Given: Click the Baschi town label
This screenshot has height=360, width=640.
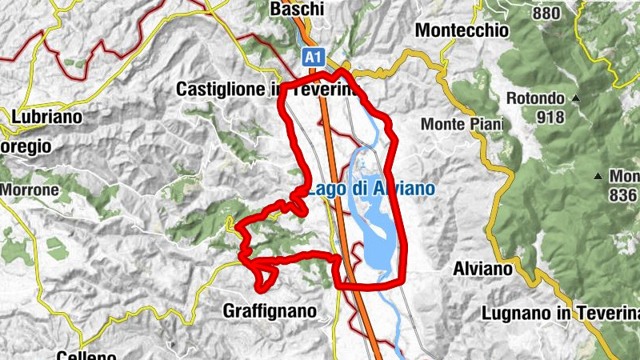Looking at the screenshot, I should (297, 10).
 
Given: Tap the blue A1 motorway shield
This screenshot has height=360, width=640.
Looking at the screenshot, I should (314, 57).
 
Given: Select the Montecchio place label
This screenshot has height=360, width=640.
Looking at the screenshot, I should (462, 30).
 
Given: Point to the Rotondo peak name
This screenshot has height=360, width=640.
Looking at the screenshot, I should (536, 99).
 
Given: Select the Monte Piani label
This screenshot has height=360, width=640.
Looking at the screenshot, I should (462, 124).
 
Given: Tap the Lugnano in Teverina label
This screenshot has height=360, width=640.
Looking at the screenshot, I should (560, 314).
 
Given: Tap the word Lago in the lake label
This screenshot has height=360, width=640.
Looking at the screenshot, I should (324, 190).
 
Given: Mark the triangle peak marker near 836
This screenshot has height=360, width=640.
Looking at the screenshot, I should (598, 175).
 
